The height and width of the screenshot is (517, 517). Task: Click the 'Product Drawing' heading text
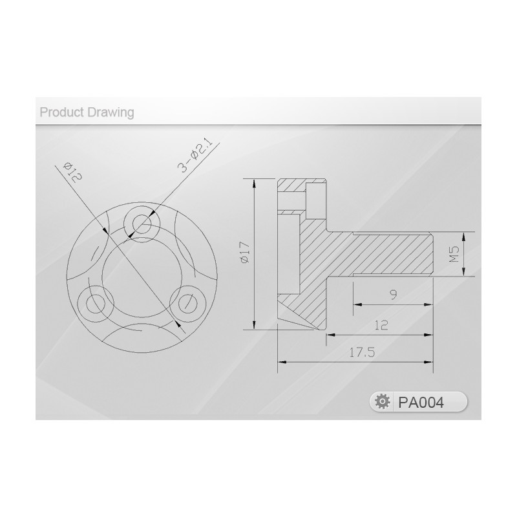(x=87, y=112)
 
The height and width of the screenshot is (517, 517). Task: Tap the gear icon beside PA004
(x=383, y=402)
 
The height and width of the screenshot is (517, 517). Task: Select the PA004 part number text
(x=421, y=402)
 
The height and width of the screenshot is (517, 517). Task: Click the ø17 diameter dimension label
(x=246, y=253)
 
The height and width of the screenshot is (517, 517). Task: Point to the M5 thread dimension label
(x=454, y=254)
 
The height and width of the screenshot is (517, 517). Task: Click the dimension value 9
(x=393, y=295)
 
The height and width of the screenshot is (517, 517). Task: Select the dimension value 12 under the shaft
(x=381, y=326)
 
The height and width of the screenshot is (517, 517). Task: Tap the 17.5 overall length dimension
(x=362, y=353)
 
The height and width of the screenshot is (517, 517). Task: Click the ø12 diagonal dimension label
(x=72, y=172)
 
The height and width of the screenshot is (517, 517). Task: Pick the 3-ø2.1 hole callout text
(x=195, y=158)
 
